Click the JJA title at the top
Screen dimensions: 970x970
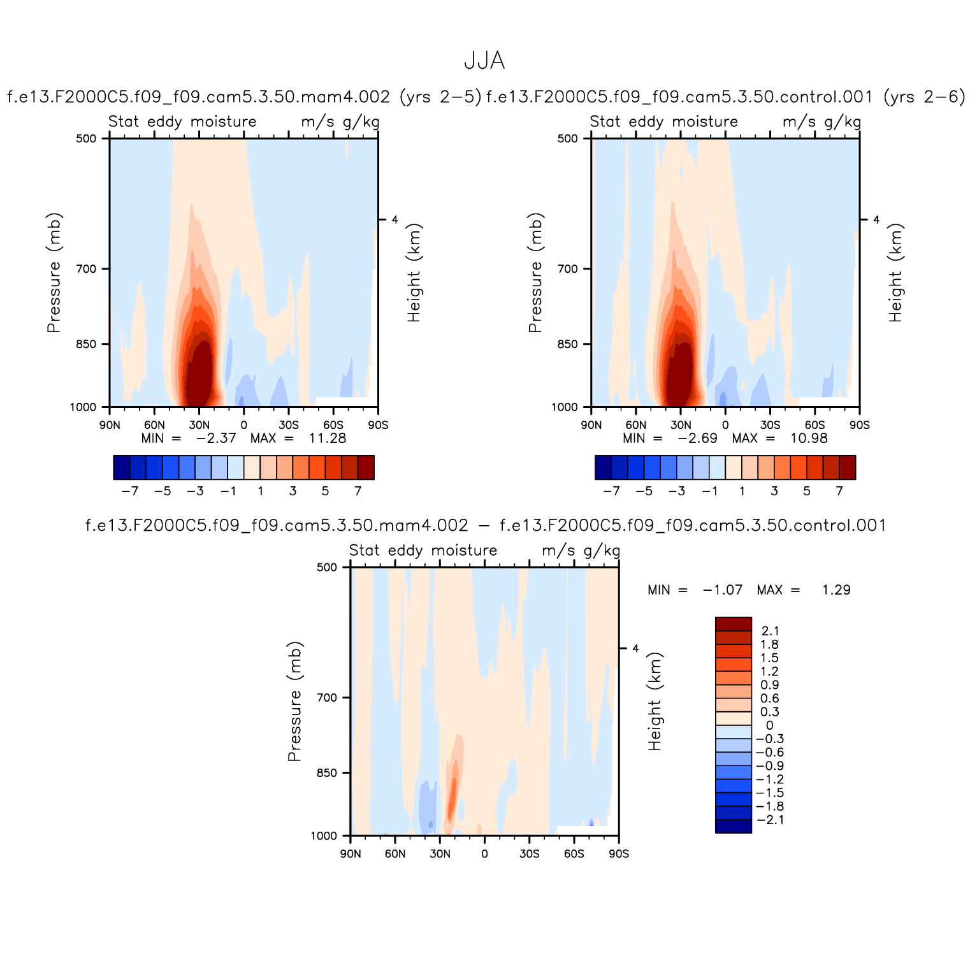pyautogui.click(x=484, y=61)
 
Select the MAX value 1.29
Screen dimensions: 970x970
pyautogui.click(x=836, y=590)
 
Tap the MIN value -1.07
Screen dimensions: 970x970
pyautogui.click(x=723, y=590)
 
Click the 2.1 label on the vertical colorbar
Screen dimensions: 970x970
pyautogui.click(x=770, y=631)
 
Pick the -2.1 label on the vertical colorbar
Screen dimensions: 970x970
pyautogui.click(x=770, y=820)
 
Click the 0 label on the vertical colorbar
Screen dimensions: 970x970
pyautogui.click(x=770, y=725)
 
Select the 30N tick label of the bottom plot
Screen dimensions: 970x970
pyautogui.click(x=440, y=854)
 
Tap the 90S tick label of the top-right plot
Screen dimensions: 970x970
pyautogui.click(x=859, y=425)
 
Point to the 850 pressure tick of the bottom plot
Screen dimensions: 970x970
pyautogui.click(x=327, y=773)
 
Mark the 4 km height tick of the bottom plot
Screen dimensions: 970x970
pyautogui.click(x=635, y=649)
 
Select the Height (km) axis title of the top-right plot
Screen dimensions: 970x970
pyautogui.click(x=896, y=273)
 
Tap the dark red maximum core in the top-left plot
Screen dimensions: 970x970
pyautogui.click(x=199, y=376)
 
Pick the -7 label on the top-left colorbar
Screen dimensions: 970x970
pyautogui.click(x=130, y=491)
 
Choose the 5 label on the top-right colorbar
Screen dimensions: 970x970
pyautogui.click(x=807, y=491)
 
